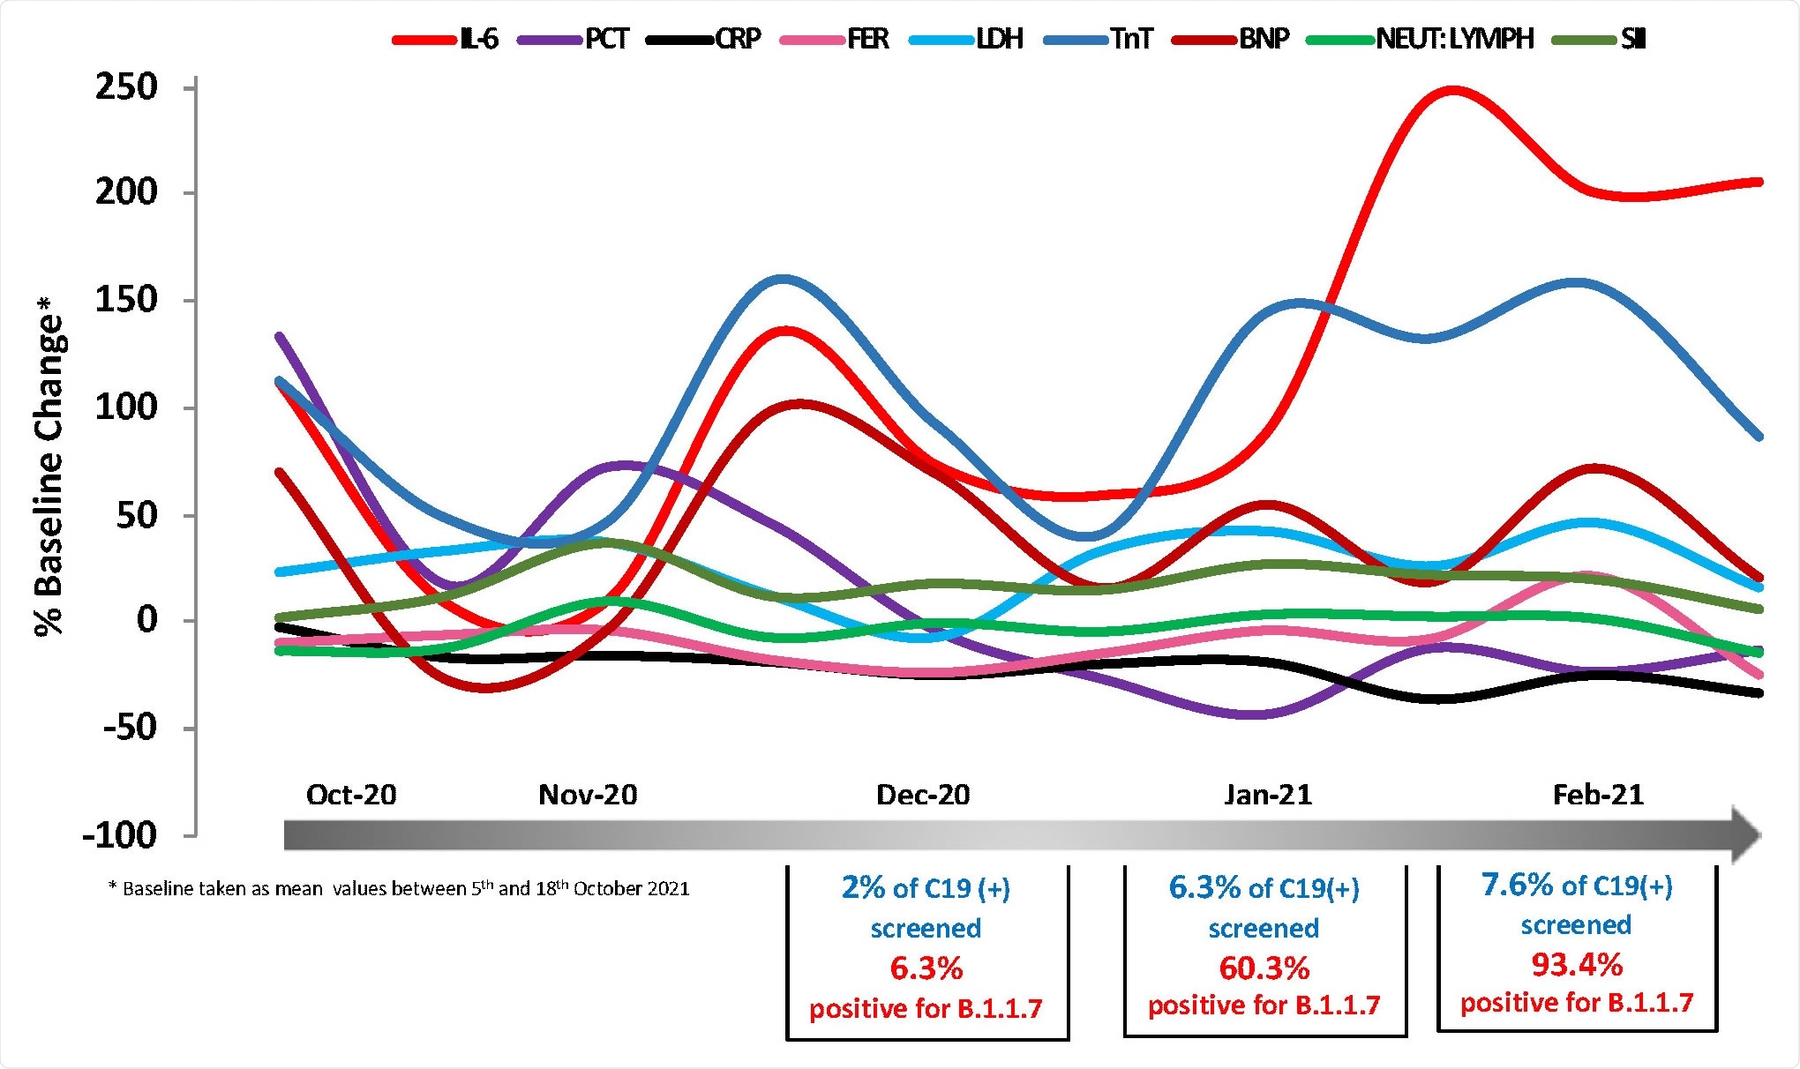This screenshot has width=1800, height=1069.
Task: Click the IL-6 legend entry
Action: coord(446,39)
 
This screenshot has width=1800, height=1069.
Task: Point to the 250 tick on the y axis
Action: coord(126,87)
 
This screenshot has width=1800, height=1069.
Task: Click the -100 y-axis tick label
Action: coord(119,834)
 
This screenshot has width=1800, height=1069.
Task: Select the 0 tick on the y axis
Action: coord(146,620)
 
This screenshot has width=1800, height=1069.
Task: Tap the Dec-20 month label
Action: coord(923,795)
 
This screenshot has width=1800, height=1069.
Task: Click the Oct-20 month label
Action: coord(351,795)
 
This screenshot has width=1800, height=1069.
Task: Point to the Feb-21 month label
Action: coord(1598,795)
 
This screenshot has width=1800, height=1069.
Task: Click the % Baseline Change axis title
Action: coord(49,467)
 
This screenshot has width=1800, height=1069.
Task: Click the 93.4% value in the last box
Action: coord(1577,965)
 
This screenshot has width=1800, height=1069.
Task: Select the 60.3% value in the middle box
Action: coord(1264,968)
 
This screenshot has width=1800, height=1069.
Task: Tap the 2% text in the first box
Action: coord(862,887)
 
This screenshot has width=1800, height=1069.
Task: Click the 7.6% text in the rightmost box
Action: coord(1517,885)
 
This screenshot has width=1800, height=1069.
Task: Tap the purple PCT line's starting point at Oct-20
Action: coord(279,336)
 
